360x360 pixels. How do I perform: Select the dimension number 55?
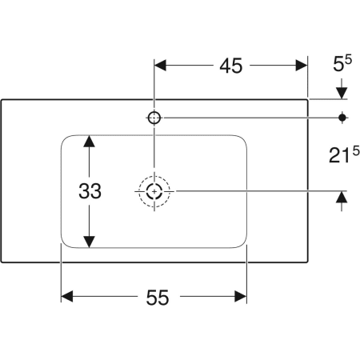(x=157, y=298)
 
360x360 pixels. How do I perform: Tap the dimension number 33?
(x=90, y=192)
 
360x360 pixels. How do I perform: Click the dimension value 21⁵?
(x=342, y=155)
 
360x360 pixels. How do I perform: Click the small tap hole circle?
(x=154, y=118)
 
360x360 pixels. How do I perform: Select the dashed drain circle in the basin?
(x=154, y=191)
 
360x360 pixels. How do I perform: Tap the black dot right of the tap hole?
(x=343, y=118)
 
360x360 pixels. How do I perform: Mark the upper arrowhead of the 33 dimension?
(x=90, y=142)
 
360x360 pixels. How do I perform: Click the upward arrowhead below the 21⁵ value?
(x=343, y=198)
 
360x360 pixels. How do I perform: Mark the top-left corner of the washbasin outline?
(x=2, y=99)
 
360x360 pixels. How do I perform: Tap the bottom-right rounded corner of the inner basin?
(x=241, y=242)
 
